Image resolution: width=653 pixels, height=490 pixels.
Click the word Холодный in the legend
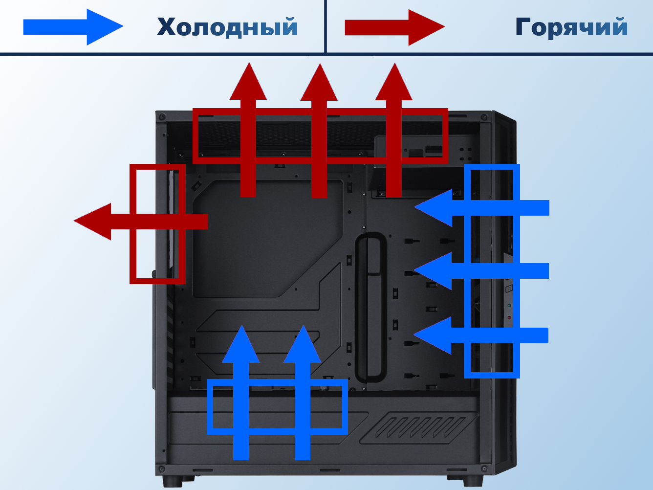227,27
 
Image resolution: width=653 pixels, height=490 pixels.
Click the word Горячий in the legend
571,27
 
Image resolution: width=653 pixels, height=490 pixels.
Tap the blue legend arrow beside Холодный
73,27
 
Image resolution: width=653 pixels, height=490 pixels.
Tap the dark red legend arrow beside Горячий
394,27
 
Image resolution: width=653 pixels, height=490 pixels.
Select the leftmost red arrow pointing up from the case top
248,132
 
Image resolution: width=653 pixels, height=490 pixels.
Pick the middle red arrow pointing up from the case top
319,132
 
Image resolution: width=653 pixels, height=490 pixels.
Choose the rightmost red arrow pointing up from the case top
393,132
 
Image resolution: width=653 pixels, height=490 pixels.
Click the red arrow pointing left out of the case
142,222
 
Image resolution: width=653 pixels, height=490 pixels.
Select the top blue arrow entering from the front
481,208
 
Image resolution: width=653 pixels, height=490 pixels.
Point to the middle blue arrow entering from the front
481,270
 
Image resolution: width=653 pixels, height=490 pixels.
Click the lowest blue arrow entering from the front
481,335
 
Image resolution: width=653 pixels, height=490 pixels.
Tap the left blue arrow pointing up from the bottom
241,396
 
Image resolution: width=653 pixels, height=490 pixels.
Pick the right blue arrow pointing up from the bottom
303,396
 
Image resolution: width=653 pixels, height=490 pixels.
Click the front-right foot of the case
472,481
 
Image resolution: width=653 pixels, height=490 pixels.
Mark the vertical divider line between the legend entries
325,26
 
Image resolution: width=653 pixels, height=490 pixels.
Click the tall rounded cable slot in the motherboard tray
370,308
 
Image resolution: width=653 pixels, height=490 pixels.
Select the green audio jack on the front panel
509,306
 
